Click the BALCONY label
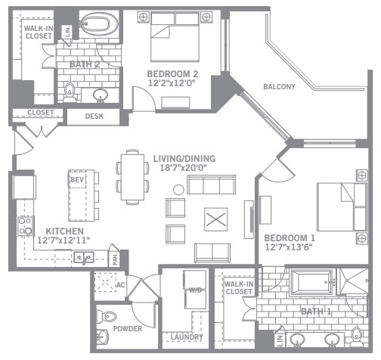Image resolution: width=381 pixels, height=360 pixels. (279, 87)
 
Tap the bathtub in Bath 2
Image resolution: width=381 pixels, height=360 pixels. (99, 23)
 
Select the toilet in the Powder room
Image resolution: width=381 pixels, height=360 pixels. (107, 317)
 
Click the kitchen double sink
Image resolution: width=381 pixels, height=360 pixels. (84, 258)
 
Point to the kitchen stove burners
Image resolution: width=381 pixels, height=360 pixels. (25, 226)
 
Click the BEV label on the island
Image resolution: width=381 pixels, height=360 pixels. (77, 180)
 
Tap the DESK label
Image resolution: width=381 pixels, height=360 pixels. (94, 116)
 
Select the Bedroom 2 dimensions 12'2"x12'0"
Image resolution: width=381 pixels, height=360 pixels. (172, 83)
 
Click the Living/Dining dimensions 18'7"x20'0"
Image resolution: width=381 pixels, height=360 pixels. (184, 168)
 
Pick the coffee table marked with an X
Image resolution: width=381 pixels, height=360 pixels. (216, 219)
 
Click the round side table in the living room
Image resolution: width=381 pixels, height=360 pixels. (178, 190)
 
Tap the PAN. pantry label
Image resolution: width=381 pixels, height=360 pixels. (115, 259)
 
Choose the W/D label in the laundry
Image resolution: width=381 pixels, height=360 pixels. (196, 290)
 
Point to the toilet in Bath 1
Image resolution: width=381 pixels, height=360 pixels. (357, 335)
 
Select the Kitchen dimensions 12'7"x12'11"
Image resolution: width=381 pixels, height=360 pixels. (63, 241)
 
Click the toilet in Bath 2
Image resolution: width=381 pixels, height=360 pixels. (70, 92)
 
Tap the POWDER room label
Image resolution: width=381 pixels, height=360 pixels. (128, 329)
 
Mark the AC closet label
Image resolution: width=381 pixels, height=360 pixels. (120, 285)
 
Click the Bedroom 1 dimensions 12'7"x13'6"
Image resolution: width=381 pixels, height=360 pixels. (289, 247)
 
